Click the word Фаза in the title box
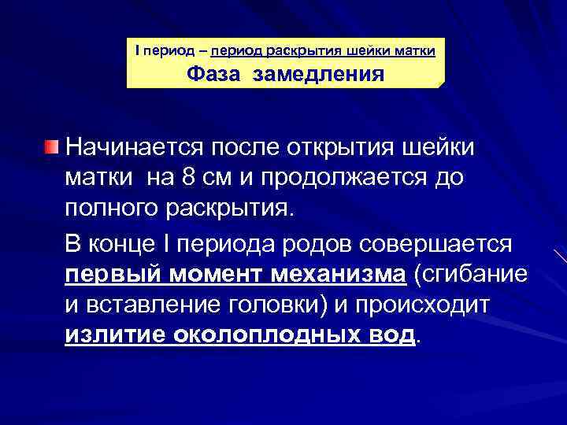coord(213,76)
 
